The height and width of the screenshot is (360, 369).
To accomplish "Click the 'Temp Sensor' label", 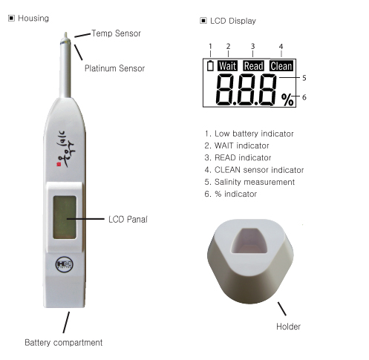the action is click(x=116, y=33).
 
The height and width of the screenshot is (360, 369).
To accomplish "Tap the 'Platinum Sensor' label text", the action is click(x=114, y=68).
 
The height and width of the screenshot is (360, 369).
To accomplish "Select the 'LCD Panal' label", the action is click(x=128, y=220).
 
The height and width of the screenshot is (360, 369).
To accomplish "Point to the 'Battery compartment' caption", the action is click(x=64, y=343).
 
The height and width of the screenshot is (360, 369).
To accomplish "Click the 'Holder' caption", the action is click(x=288, y=327).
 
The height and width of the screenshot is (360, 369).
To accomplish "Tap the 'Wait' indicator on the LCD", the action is click(x=228, y=66).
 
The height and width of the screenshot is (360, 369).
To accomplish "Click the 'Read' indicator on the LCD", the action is click(x=254, y=66).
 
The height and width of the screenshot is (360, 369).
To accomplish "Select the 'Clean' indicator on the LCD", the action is click(x=281, y=66).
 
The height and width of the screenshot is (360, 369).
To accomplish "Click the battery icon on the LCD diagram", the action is click(x=210, y=65).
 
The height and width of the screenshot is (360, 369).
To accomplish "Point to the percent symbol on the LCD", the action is click(x=287, y=99).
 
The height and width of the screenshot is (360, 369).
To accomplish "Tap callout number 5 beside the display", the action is click(x=304, y=78).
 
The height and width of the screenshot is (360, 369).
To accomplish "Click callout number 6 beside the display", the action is click(x=304, y=97).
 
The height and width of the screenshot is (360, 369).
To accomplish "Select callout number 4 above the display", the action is click(x=281, y=46).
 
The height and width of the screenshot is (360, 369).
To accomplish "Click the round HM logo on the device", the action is click(x=64, y=264).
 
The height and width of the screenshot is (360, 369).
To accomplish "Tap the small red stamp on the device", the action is click(x=59, y=165).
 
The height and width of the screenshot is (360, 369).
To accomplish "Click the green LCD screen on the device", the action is click(x=65, y=217).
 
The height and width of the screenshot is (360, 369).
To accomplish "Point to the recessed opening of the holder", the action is click(x=249, y=240).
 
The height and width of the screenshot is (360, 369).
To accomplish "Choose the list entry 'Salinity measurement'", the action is click(x=249, y=182).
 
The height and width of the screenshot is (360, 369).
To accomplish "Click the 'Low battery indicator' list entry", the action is click(x=249, y=134).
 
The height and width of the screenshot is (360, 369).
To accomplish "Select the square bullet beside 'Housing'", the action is click(x=11, y=18).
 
